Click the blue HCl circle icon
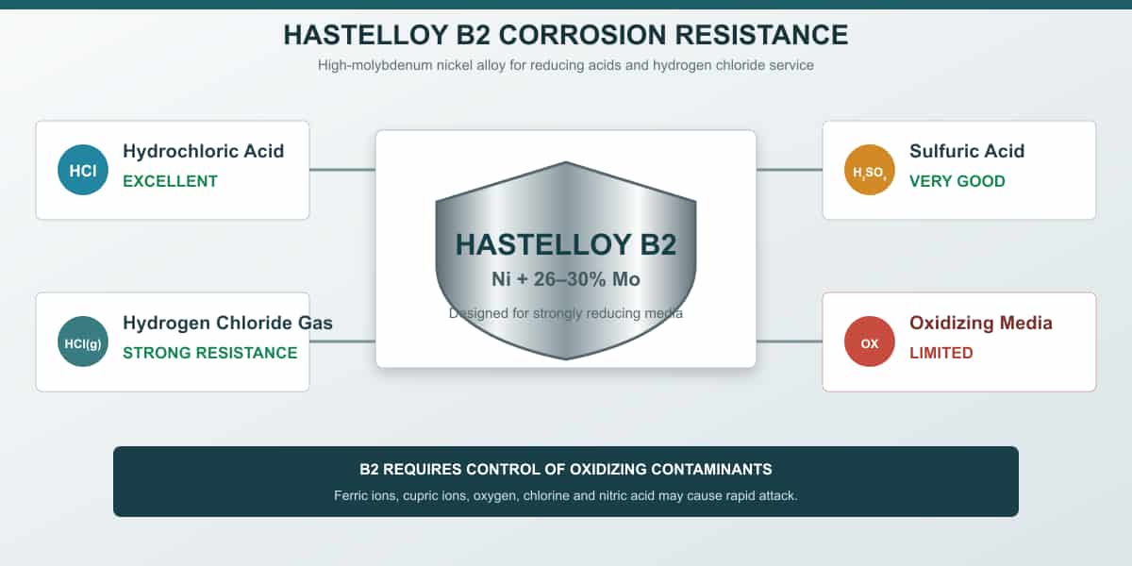pyautogui.click(x=83, y=170)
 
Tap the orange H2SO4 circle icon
pyautogui.click(x=869, y=170)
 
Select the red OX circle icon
pyautogui.click(x=869, y=341)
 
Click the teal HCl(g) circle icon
pyautogui.click(x=83, y=341)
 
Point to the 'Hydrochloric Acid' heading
pyautogui.click(x=203, y=151)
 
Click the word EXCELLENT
pyautogui.click(x=171, y=181)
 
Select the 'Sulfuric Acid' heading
pyautogui.click(x=967, y=151)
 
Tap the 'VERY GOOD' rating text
pyautogui.click(x=957, y=181)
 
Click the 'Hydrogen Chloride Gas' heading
pyautogui.click(x=227, y=323)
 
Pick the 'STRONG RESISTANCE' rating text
pyautogui.click(x=210, y=353)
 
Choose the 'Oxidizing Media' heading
pyautogui.click(x=981, y=323)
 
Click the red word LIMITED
pyautogui.click(x=941, y=353)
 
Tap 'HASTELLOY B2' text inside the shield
pyautogui.click(x=565, y=244)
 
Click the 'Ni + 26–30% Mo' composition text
pyautogui.click(x=565, y=279)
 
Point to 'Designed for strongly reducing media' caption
pyautogui.click(x=565, y=313)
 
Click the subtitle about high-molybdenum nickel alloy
pyautogui.click(x=565, y=65)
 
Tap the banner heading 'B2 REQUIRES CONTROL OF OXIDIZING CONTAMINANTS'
pyautogui.click(x=565, y=470)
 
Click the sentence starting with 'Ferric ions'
pyautogui.click(x=565, y=496)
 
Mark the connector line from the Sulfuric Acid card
pyautogui.click(x=790, y=170)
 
